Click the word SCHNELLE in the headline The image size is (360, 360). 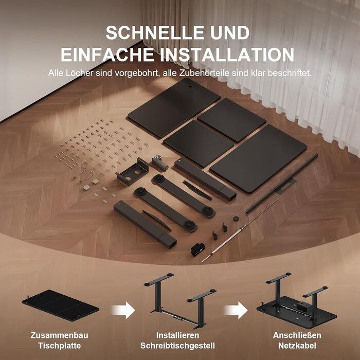pyautogui.click(x=155, y=33)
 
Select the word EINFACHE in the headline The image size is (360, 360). pyautogui.click(x=107, y=55)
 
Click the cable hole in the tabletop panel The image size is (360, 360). pyautogui.click(x=190, y=87)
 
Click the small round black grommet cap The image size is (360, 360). pyautogui.click(x=236, y=219)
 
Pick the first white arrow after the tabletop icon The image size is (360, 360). pyautogui.click(x=123, y=310)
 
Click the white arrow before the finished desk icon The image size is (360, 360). pyautogui.click(x=236, y=310)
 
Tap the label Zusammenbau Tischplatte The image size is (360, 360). pyautogui.click(x=59, y=340)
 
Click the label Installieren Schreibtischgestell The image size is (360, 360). pyautogui.click(x=177, y=340)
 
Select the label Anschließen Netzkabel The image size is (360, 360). pyautogui.click(x=297, y=340)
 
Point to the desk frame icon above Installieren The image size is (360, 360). pyautogui.click(x=180, y=301)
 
